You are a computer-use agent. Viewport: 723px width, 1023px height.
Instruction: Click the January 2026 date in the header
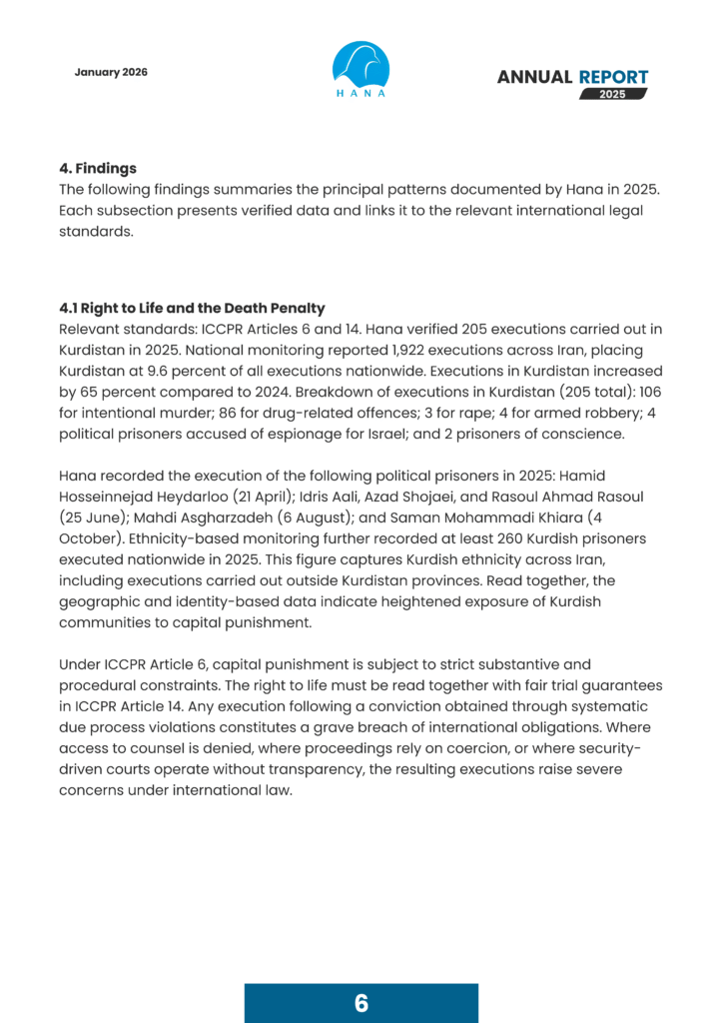pyautogui.click(x=111, y=72)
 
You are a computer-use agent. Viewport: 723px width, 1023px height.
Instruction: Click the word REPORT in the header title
pyautogui.click(x=613, y=77)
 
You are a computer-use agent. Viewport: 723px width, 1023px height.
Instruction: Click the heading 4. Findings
pyautogui.click(x=97, y=168)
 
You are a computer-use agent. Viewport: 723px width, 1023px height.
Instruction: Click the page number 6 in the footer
pyautogui.click(x=361, y=1003)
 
